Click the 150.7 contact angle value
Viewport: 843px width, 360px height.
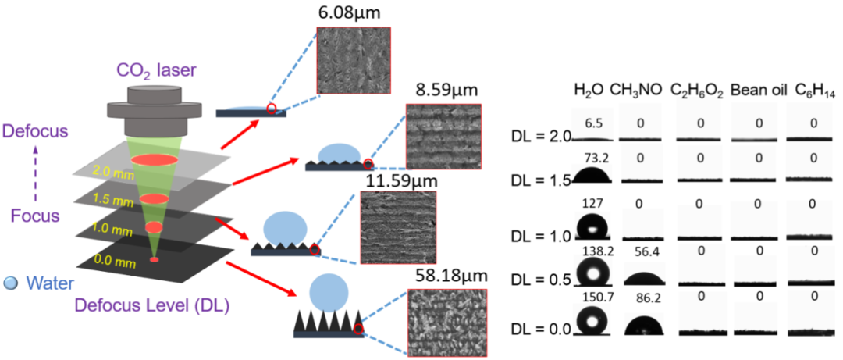pos(595,298)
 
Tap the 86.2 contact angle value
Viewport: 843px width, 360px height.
pos(643,298)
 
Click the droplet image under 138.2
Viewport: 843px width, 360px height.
pos(595,273)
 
